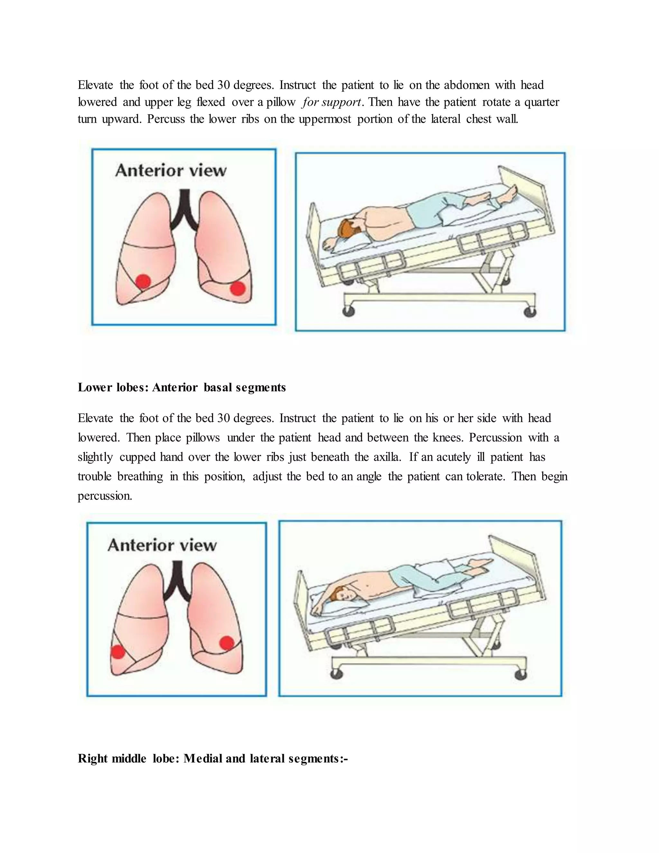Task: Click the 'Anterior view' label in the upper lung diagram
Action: (171, 171)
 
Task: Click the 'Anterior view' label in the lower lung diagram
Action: (162, 545)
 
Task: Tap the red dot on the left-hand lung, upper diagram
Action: (143, 281)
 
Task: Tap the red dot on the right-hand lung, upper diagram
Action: (238, 289)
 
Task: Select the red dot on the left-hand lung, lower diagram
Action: (118, 652)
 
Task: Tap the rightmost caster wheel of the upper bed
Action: (530, 311)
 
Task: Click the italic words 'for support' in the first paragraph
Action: (331, 102)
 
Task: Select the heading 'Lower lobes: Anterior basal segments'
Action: (181, 388)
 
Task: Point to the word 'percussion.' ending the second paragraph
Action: (105, 496)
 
